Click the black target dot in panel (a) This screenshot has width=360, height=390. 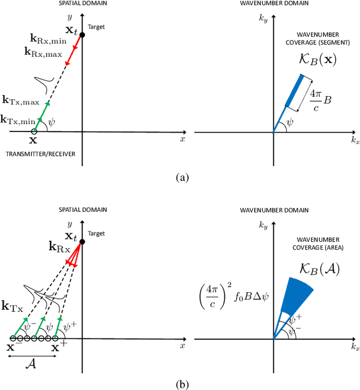(x=82, y=35)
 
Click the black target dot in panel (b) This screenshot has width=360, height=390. (x=82, y=242)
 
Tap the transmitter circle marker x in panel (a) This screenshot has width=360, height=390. (x=34, y=133)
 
